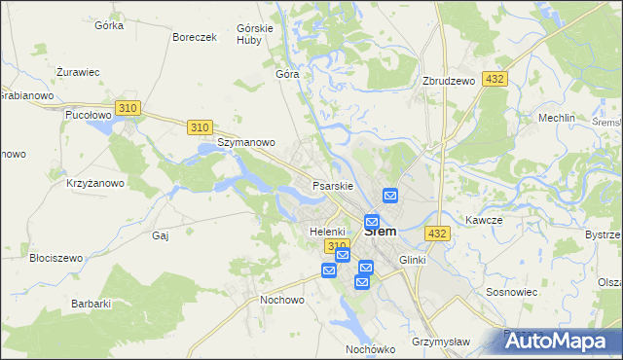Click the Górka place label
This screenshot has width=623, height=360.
(x=109, y=25)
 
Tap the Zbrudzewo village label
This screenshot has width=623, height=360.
(x=449, y=81)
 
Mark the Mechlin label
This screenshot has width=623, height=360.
(x=558, y=118)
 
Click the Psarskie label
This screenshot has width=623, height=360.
(x=331, y=185)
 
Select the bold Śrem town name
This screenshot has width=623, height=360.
(x=380, y=232)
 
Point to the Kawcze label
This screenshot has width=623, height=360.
(x=483, y=220)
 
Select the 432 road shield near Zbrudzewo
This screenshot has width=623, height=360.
(x=494, y=80)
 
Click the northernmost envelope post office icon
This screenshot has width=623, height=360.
(x=391, y=196)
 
